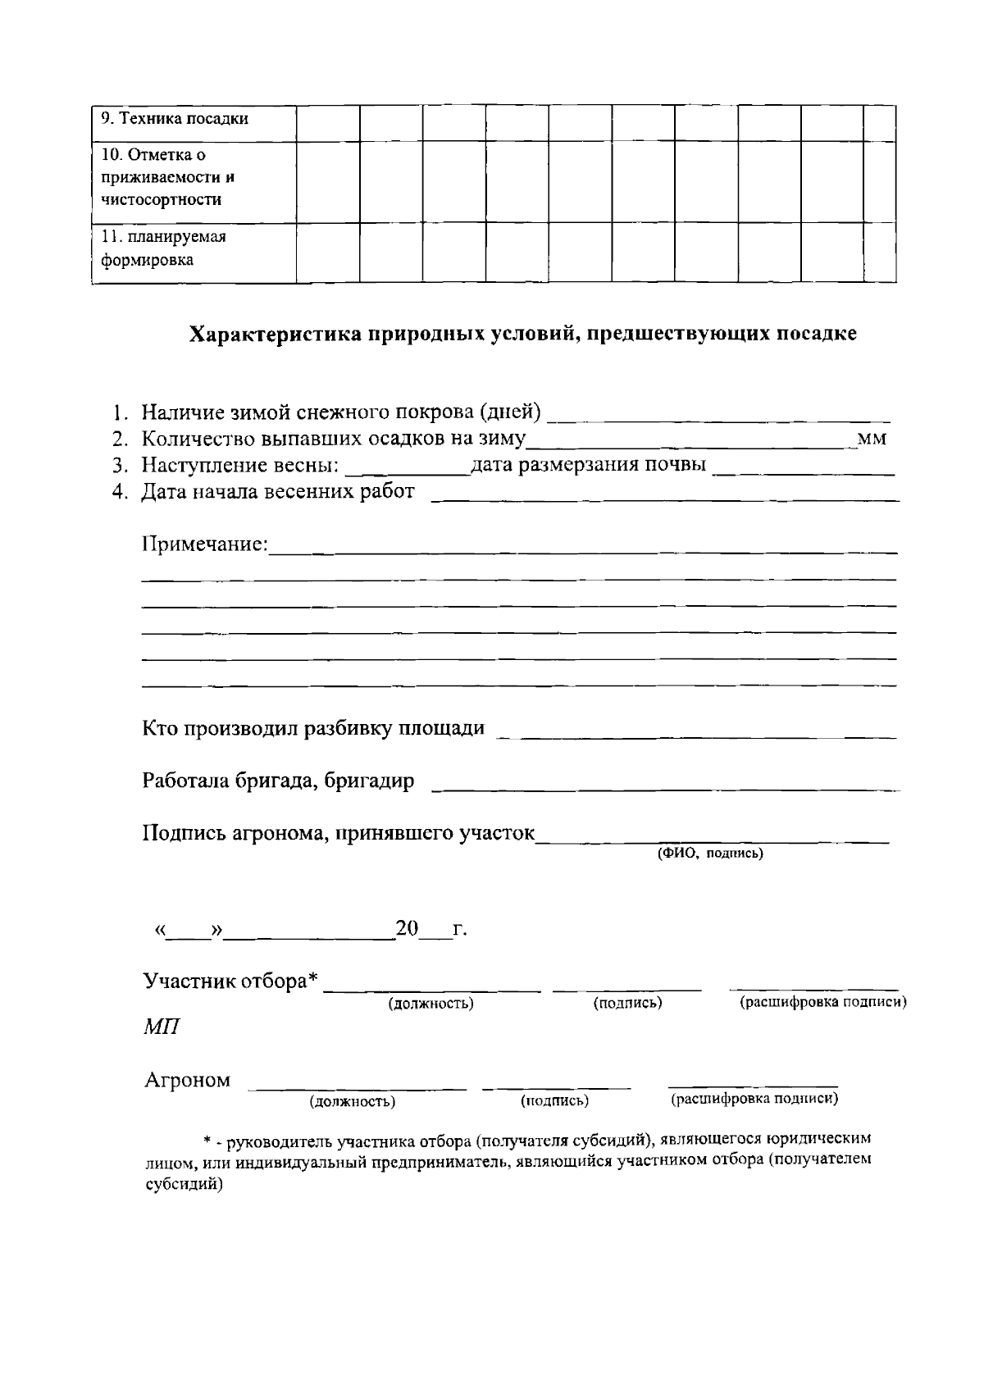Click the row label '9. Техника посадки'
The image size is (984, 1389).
click(175, 119)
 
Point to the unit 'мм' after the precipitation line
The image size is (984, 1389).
click(871, 439)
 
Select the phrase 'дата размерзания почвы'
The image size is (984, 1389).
click(588, 466)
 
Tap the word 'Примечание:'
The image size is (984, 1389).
click(205, 544)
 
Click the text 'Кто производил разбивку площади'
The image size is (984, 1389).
click(313, 728)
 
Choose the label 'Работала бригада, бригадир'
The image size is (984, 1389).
click(278, 781)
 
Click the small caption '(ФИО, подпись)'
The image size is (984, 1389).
click(710, 854)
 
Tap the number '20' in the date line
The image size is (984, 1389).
click(407, 929)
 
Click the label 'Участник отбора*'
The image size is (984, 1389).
click(230, 981)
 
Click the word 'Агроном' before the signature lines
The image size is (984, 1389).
click(188, 1080)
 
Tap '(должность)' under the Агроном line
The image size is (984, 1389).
click(353, 1102)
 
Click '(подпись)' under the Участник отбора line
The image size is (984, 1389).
click(627, 1003)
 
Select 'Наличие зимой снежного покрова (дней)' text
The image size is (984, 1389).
click(341, 412)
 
